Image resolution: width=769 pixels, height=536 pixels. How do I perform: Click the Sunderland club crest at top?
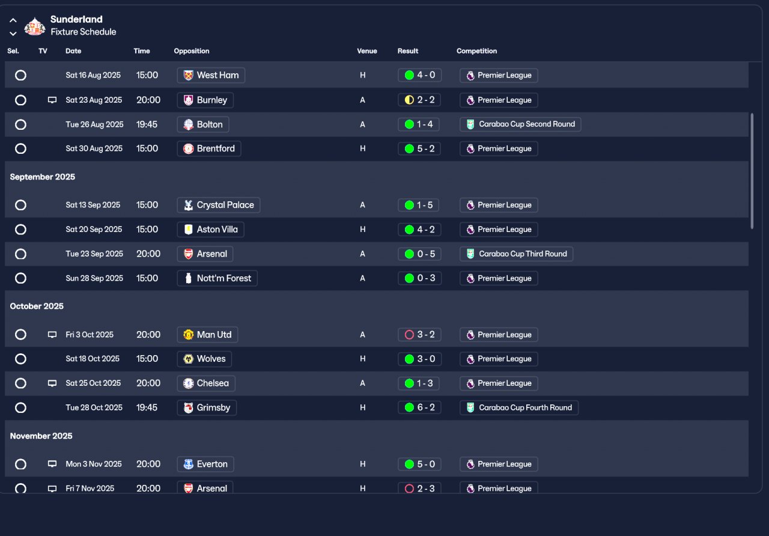[x=35, y=26]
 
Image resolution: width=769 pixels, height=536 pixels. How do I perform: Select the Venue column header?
[x=366, y=51]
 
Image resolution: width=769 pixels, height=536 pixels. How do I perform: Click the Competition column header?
[x=476, y=51]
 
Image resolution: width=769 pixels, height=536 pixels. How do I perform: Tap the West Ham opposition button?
[x=211, y=75]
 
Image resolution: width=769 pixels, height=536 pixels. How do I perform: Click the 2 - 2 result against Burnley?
[x=419, y=100]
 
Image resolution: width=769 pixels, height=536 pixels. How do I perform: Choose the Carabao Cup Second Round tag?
[x=520, y=124]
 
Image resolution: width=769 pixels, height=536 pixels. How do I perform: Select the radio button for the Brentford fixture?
[x=20, y=148]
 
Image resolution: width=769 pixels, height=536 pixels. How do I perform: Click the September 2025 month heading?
[x=43, y=177]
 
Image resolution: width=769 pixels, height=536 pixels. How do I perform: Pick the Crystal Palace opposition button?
[x=219, y=205]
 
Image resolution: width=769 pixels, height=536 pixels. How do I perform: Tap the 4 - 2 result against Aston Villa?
[x=419, y=230]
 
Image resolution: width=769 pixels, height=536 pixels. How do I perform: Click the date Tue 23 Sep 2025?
[x=94, y=254]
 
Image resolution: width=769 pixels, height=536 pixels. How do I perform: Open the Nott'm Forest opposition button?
[x=217, y=278]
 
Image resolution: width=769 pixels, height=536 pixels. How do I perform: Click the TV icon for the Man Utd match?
[x=52, y=335]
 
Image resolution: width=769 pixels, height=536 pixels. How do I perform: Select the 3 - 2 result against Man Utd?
[x=419, y=335]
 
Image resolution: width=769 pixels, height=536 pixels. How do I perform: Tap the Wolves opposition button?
[x=204, y=359]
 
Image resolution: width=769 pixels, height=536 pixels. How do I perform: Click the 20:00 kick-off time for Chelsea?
[x=148, y=383]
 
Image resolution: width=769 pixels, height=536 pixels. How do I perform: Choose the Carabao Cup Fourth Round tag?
[x=519, y=407]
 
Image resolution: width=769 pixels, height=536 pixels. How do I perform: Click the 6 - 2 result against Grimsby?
[x=419, y=407]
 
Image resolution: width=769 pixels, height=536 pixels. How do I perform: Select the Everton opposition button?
[x=205, y=464]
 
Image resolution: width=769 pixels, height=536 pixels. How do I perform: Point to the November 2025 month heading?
[x=41, y=436]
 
